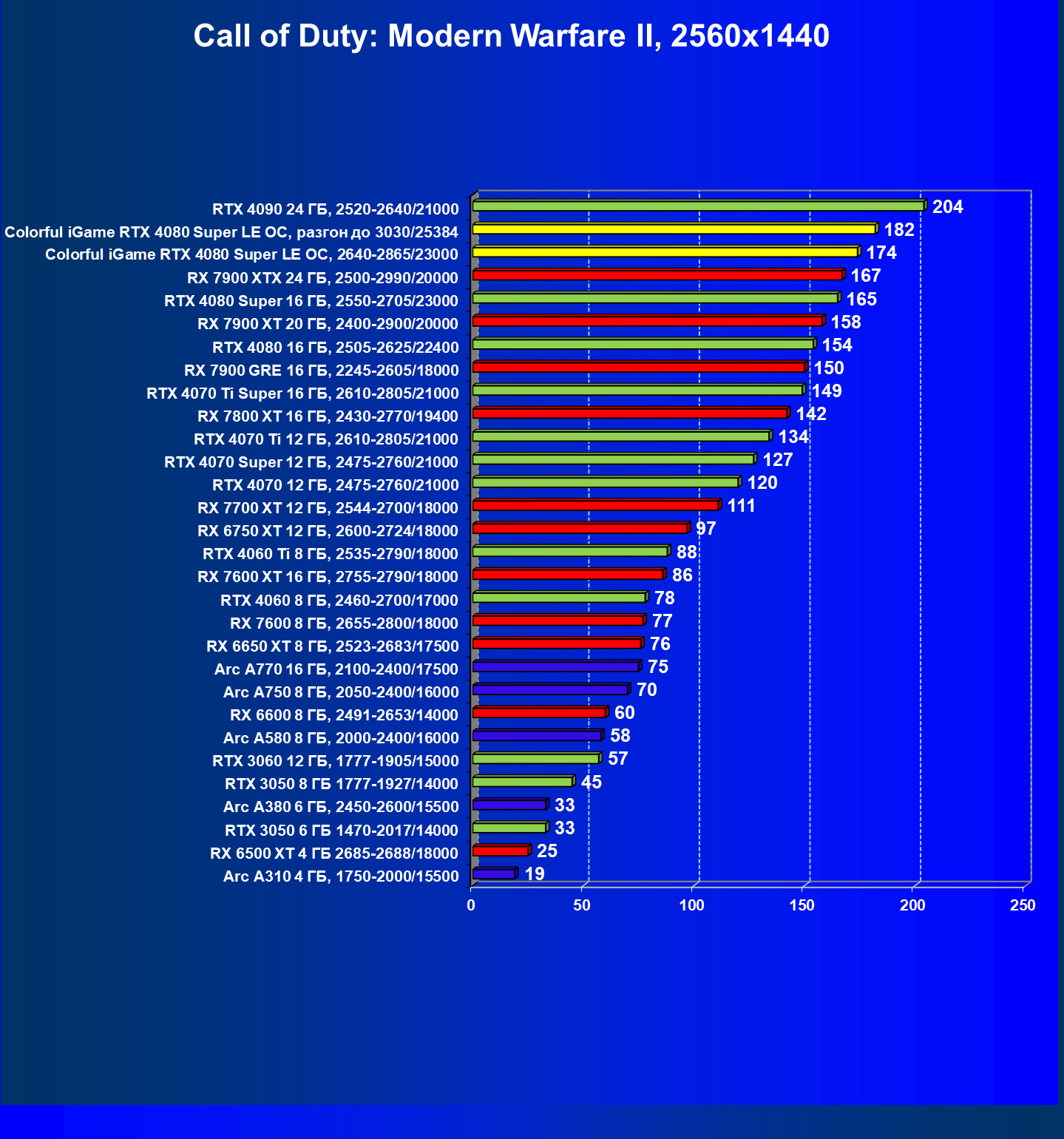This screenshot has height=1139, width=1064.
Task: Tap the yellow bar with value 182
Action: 674,229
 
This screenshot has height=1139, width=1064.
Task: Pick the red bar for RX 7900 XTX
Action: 657,275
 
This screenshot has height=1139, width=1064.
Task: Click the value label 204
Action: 947,207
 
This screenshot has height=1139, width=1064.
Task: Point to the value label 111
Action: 741,506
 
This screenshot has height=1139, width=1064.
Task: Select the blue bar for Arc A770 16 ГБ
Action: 555,667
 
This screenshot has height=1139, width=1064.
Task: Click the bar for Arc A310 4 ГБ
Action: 493,874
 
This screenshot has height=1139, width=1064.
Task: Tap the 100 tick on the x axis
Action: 691,905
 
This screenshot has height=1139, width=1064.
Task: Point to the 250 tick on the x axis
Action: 1023,905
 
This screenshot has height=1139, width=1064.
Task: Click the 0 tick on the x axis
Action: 471,905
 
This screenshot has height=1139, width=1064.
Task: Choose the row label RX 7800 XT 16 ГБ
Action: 328,416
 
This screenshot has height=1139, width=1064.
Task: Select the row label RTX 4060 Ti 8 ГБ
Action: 330,554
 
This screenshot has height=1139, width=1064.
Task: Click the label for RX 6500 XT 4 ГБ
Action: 333,854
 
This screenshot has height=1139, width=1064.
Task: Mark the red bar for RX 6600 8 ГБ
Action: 539,713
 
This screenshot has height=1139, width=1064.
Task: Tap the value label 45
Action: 591,783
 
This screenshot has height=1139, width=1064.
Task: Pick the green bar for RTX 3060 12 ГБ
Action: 535,759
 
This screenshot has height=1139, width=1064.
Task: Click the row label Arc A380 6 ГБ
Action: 340,807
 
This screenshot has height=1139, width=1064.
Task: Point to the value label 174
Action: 881,253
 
